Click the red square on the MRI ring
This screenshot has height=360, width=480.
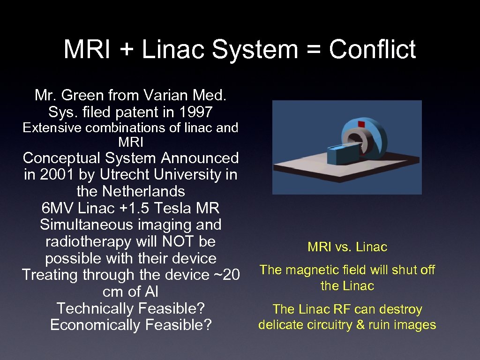coord(361,124)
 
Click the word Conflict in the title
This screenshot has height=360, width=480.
coord(372,50)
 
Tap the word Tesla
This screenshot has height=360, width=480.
coord(179,208)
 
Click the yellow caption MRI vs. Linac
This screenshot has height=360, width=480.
coord(347,247)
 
